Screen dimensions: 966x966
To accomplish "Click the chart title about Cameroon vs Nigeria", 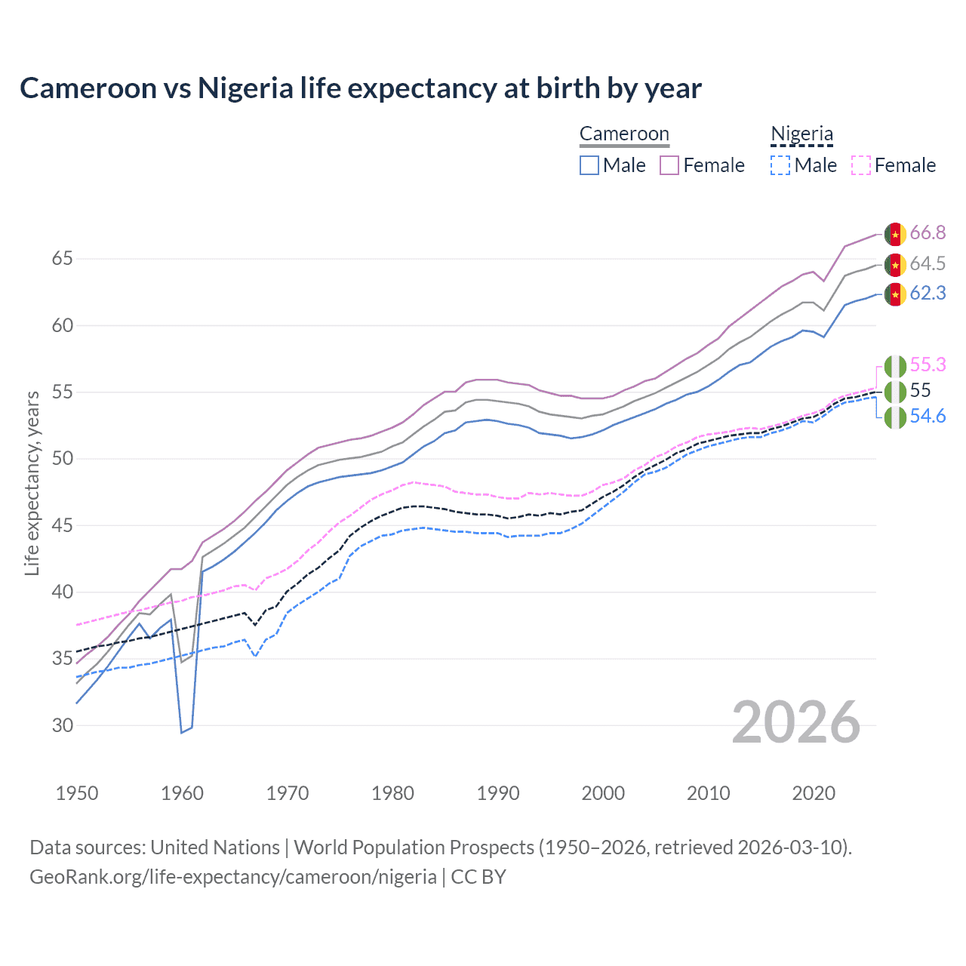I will (361, 88).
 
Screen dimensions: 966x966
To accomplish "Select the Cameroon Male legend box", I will (589, 165).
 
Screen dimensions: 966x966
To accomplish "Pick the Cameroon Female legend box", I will (669, 165).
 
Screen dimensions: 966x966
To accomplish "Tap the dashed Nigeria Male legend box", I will (780, 165).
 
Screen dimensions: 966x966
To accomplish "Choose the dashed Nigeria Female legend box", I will (861, 165).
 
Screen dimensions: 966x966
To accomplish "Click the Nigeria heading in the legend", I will (801, 134).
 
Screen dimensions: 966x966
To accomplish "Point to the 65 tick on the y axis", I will (63, 259).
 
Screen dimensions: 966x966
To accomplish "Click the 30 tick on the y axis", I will (63, 725).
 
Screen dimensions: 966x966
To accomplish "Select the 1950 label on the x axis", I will (77, 793).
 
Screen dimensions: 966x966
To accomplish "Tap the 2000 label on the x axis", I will (603, 793).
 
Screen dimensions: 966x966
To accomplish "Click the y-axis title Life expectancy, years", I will (32, 483).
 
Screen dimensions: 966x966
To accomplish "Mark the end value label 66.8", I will (928, 232).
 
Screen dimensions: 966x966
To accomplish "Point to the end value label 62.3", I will (928, 293).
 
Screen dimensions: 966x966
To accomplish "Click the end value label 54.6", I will (928, 417).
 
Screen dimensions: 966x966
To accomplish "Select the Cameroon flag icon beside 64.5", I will (895, 264).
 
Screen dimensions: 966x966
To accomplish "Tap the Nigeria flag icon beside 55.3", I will (895, 366).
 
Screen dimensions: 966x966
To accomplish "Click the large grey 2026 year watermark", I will (796, 722).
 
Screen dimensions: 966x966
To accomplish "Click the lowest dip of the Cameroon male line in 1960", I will (182, 732).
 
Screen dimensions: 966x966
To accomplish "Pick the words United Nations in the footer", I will (215, 848).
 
